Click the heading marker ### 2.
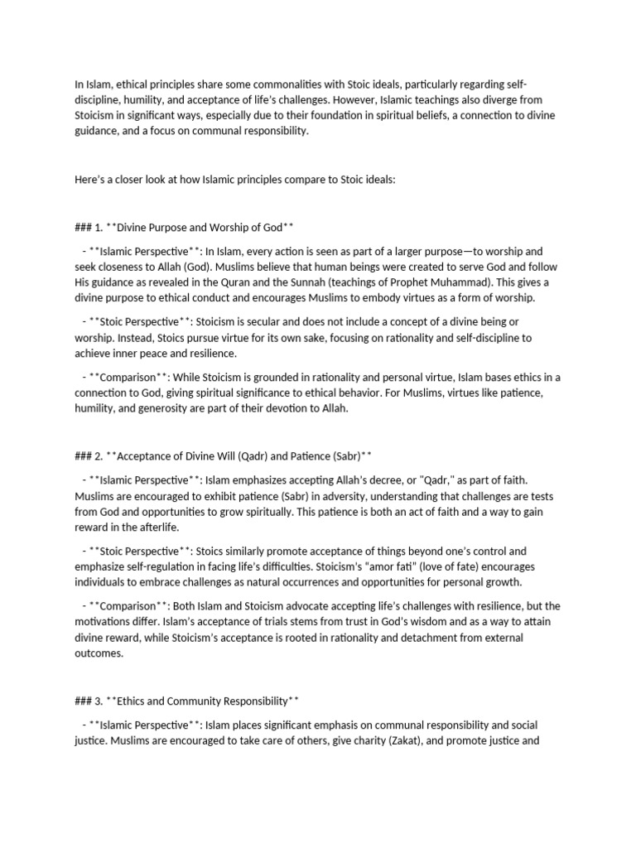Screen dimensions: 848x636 point(88,456)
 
